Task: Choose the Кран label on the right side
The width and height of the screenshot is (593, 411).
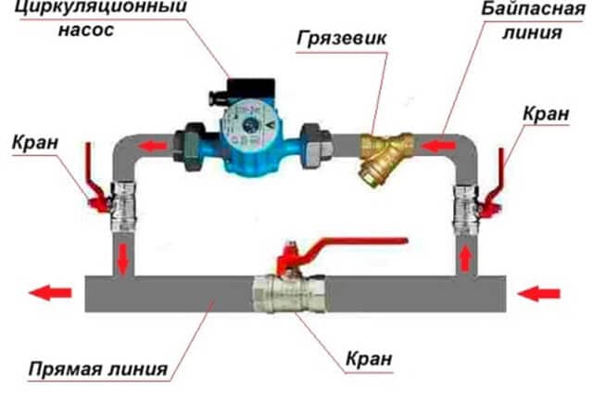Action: [x=547, y=112]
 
